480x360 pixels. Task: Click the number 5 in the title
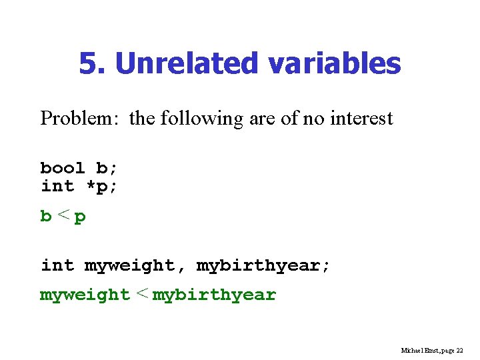[x=87, y=64]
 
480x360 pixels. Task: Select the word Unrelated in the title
[x=186, y=64]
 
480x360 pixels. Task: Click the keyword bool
[x=63, y=168]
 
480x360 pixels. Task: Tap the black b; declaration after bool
[x=107, y=168]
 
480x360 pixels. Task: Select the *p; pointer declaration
[x=101, y=186]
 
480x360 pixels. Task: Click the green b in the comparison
[x=46, y=217]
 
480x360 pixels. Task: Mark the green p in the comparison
[x=80, y=217]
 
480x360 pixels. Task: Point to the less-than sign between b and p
[x=63, y=216]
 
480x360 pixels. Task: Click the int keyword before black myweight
[x=57, y=266]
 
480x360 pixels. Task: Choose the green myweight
[x=85, y=295]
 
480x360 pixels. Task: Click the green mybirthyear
[x=214, y=295]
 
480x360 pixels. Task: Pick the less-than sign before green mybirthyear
[x=141, y=294]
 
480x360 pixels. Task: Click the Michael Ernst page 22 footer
[x=432, y=350]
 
